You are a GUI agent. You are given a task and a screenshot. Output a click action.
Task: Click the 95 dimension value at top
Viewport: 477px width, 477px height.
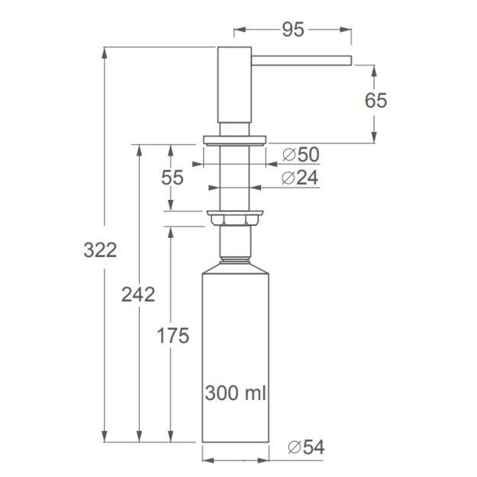[x=293, y=30]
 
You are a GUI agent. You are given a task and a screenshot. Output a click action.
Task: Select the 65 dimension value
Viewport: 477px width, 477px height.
[x=375, y=100]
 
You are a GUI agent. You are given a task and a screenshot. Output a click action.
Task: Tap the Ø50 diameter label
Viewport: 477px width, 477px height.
[x=300, y=155]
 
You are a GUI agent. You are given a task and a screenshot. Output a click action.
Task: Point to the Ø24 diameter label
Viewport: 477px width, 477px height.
[x=300, y=178]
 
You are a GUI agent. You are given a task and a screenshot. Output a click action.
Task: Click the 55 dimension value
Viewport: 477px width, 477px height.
[x=172, y=178]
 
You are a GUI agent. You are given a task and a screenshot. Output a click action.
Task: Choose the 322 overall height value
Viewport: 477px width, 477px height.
[x=100, y=250]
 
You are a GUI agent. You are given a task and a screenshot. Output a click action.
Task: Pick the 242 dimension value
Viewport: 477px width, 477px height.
[x=138, y=294]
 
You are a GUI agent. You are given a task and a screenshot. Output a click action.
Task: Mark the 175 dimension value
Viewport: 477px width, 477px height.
[x=172, y=335]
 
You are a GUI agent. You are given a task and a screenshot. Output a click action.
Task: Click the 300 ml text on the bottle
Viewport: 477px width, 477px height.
[x=235, y=393]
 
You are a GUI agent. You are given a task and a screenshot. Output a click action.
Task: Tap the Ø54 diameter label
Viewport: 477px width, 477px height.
[x=306, y=447]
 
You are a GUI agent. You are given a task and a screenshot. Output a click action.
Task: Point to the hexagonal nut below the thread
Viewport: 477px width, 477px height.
[x=234, y=219]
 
